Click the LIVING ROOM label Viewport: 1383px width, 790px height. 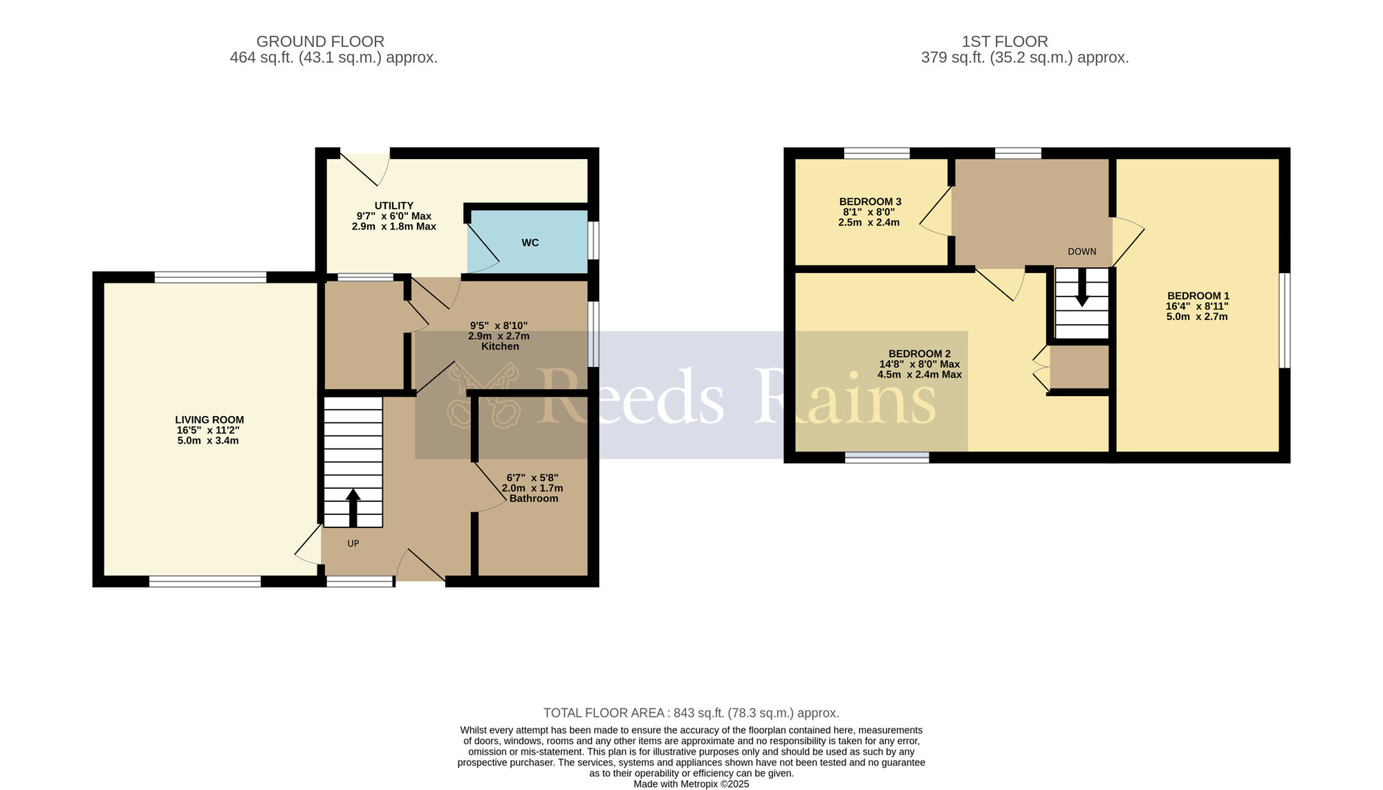click(209, 420)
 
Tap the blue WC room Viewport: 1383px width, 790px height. click(529, 243)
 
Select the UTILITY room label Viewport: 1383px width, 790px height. click(393, 205)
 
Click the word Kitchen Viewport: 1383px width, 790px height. click(499, 346)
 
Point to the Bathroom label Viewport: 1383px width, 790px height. click(533, 498)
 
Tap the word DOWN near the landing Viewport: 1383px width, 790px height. click(1082, 252)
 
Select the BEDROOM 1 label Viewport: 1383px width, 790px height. click(1198, 295)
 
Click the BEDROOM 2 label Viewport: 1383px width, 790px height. click(919, 353)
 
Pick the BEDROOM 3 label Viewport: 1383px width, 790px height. click(870, 201)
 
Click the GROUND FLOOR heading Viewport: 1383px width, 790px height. click(320, 41)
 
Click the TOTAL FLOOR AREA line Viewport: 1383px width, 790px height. click(691, 713)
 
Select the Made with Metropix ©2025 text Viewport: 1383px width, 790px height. click(691, 784)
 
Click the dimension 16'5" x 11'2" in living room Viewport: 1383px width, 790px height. click(208, 430)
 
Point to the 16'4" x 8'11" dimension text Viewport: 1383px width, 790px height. click(1197, 306)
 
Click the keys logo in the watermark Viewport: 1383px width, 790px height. click(483, 396)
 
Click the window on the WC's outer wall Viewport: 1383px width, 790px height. click(594, 241)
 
